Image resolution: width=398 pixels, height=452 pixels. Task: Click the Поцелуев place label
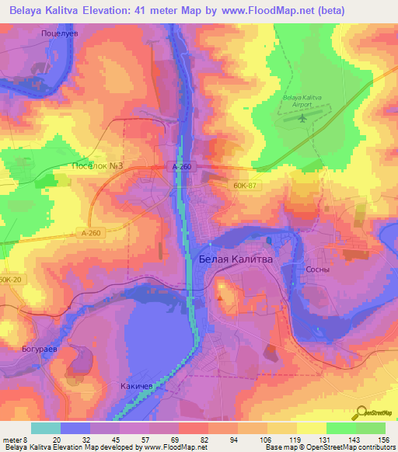tap(61, 35)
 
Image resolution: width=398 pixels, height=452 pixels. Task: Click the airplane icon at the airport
tap(301, 120)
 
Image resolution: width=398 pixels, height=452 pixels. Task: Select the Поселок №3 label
tap(98, 165)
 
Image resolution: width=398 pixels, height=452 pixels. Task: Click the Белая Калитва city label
tap(236, 261)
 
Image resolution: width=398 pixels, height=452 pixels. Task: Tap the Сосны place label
tap(318, 269)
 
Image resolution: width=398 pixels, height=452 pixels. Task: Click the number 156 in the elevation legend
tap(382, 438)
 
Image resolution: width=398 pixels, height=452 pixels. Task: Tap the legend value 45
tap(109, 438)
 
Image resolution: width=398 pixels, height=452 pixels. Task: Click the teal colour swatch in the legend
tap(45, 428)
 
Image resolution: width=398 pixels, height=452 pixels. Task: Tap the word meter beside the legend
tap(12, 438)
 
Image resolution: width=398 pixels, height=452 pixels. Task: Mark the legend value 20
tap(55, 438)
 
